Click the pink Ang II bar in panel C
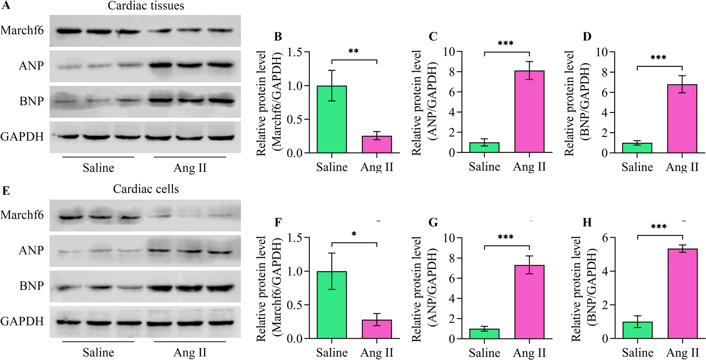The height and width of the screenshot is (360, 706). (x=529, y=112)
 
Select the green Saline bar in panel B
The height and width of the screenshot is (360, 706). (x=332, y=119)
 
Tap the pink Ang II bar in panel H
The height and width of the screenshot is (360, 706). (x=683, y=294)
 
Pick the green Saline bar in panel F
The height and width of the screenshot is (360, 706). (x=332, y=305)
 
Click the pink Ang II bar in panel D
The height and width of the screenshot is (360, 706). (x=682, y=119)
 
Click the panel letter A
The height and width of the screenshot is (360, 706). (x=6, y=5)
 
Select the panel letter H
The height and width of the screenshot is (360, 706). (x=587, y=223)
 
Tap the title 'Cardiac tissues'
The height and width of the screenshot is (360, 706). (x=146, y=6)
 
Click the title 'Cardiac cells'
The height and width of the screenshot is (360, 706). (x=146, y=189)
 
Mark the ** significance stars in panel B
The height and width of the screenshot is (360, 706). (x=353, y=52)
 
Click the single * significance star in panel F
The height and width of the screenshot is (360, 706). (x=354, y=234)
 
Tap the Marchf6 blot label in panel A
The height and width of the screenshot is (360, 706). (x=22, y=30)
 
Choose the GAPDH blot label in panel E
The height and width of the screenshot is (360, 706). (x=22, y=321)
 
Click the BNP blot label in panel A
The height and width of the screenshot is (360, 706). (x=32, y=101)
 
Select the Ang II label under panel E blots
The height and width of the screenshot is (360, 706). (x=190, y=352)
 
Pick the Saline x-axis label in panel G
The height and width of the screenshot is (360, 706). (x=485, y=353)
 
